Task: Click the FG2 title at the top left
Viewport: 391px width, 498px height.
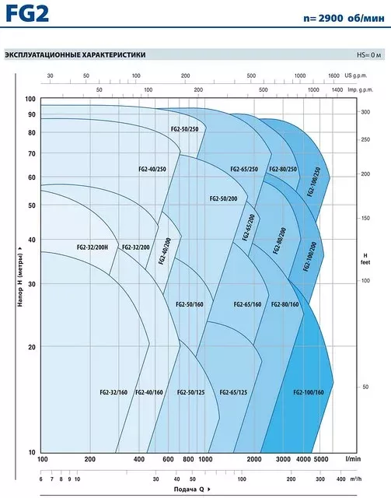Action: (x=27, y=14)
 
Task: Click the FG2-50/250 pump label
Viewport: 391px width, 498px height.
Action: (x=184, y=129)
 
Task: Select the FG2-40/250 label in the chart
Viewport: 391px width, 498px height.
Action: (x=152, y=169)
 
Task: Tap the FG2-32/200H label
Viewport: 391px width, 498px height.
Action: (x=93, y=247)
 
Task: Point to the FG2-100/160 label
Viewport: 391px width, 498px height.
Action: (x=309, y=392)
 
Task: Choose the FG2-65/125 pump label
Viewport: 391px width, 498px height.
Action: (x=233, y=392)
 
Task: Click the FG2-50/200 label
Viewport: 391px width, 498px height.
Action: (x=223, y=198)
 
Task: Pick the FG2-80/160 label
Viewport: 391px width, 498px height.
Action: (x=285, y=304)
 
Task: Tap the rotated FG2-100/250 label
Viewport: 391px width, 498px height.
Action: (x=314, y=182)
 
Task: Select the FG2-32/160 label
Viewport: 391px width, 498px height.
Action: (x=113, y=392)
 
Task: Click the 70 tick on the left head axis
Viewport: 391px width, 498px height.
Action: (x=32, y=154)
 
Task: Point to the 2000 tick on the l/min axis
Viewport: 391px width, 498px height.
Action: (x=254, y=459)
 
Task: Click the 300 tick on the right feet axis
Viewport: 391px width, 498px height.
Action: (x=365, y=112)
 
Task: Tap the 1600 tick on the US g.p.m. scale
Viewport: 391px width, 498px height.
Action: (x=334, y=75)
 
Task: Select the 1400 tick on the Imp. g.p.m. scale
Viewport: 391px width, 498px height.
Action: (x=337, y=90)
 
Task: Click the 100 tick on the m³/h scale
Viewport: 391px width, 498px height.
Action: (x=242, y=479)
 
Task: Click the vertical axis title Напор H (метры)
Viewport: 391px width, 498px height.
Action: (x=20, y=280)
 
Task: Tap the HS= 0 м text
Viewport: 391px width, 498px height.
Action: (x=368, y=55)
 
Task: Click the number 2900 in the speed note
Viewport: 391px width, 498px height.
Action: (x=330, y=18)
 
